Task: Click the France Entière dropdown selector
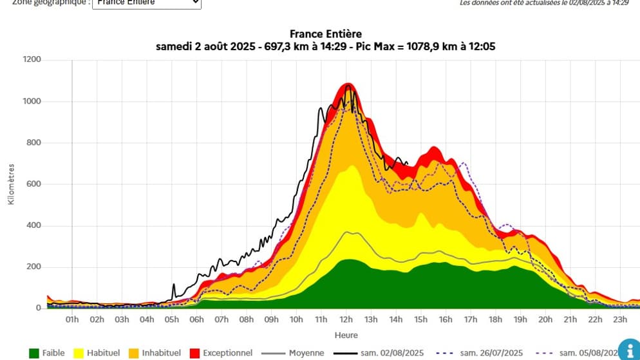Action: tap(147, 3)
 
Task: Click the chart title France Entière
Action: tap(326, 33)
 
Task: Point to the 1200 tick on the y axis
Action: tap(32, 60)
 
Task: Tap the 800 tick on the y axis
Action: tap(32, 143)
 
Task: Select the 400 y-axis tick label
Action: tap(32, 225)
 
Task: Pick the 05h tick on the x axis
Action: tap(171, 319)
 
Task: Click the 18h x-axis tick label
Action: tap(496, 319)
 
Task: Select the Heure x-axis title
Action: tap(346, 335)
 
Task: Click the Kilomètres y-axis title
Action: tap(12, 184)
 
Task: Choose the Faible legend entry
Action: tap(47, 353)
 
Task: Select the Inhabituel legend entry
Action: tap(152, 353)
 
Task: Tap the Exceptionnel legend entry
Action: tap(218, 353)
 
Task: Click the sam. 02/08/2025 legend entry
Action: tap(378, 353)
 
